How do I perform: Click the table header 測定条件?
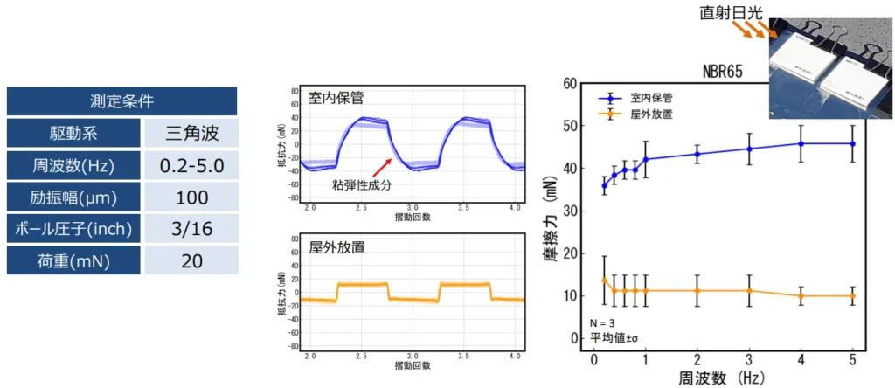tap(121, 101)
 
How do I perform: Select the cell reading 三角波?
tap(191, 134)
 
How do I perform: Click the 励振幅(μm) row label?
tap(73, 197)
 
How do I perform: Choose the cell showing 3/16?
tap(191, 229)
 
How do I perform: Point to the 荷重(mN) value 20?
tap(191, 260)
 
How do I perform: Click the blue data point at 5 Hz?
tap(853, 144)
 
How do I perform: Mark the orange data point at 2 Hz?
tap(697, 290)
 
